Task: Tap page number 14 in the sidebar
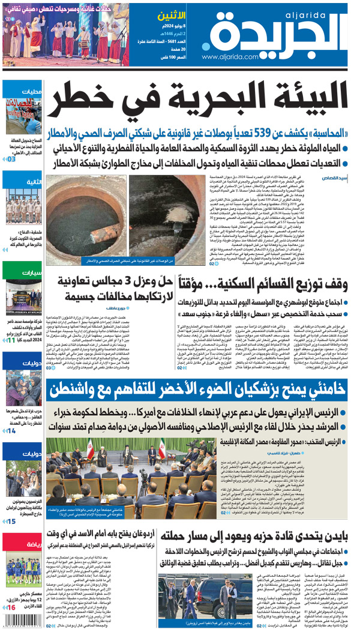pyautogui.click(x=11, y=430)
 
